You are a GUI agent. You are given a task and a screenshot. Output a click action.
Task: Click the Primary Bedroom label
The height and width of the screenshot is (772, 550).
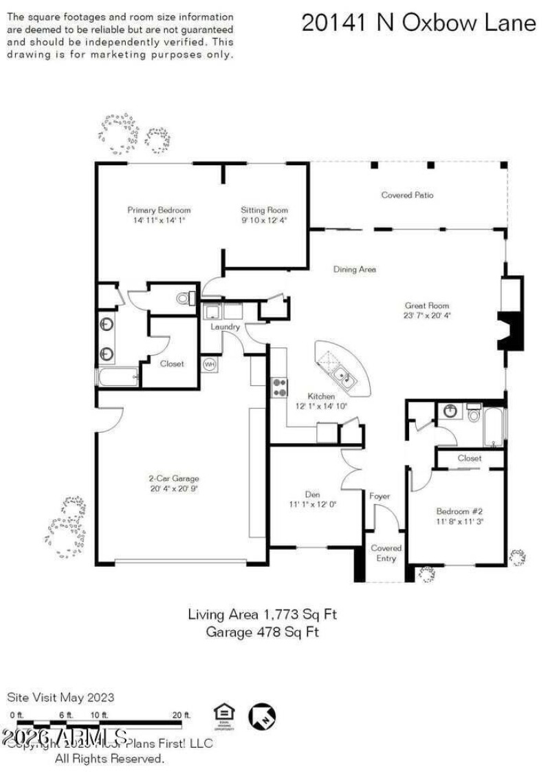[x=159, y=210]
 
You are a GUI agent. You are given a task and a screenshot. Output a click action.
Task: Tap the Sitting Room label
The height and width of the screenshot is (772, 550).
[x=264, y=210]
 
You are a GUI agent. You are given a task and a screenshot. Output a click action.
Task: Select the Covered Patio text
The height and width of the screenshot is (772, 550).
[x=408, y=195]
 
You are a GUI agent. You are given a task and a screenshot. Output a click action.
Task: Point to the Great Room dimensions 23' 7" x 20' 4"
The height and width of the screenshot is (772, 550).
[x=427, y=316]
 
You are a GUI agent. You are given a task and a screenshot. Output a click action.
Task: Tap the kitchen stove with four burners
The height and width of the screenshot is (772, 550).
[x=280, y=388]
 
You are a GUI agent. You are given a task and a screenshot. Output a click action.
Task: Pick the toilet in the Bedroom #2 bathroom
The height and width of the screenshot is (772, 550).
[x=474, y=415]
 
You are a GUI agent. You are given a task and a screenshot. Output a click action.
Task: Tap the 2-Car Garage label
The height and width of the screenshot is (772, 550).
[x=174, y=478]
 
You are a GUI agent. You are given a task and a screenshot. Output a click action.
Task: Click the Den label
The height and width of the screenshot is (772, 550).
[x=313, y=494]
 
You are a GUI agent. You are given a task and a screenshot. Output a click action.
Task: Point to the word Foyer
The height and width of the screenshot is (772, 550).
[x=379, y=495]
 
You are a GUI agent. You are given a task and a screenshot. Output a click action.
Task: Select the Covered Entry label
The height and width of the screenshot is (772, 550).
[x=386, y=553]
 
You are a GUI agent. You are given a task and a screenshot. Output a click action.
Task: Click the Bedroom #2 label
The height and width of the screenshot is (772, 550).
[x=459, y=511]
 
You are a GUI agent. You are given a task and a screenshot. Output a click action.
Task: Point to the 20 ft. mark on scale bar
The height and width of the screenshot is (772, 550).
[x=181, y=715]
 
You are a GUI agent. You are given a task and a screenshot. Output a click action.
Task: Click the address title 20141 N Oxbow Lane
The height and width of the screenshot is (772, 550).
[x=418, y=23]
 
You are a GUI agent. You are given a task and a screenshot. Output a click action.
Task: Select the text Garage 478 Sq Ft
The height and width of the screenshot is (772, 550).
[x=262, y=632]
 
